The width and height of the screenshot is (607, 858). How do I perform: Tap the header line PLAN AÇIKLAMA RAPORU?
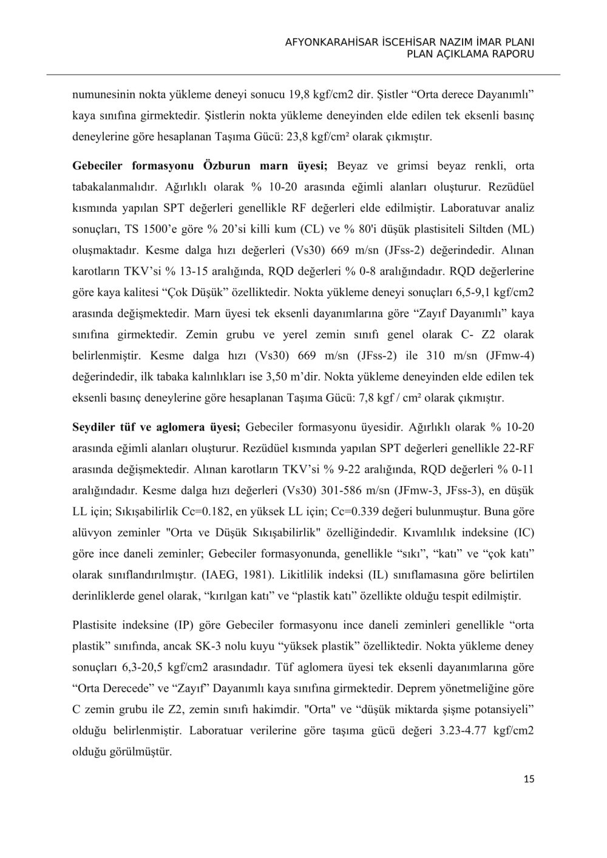coord(470,54)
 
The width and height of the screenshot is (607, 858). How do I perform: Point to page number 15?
coord(529,780)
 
